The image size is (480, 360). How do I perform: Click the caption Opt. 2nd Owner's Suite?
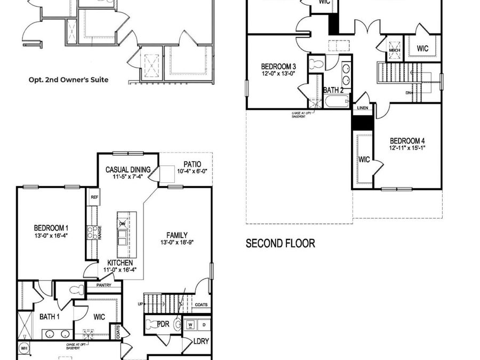point(68,80)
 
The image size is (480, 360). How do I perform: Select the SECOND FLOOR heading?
point(280,244)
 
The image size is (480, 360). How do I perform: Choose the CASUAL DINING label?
point(128,170)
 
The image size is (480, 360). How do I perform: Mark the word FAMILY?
point(177,235)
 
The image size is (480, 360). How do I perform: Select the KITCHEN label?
point(120,263)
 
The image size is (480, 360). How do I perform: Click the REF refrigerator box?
point(94,197)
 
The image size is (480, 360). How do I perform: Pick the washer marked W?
point(191,324)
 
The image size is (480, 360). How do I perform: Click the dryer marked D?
point(203,324)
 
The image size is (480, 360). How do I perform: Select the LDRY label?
point(201,341)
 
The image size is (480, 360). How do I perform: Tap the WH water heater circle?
point(24,348)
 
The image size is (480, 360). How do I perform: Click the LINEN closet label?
point(362,108)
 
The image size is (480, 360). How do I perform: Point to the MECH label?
point(395,51)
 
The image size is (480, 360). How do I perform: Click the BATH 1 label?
point(50,317)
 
